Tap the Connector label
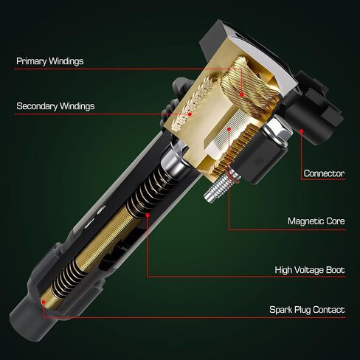pyautogui.click(x=324, y=173)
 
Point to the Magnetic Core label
pyautogui.click(x=315, y=221)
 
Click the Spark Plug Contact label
pyautogui.click(x=306, y=310)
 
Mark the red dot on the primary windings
pyautogui.click(x=241, y=94)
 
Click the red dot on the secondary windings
pyautogui.click(x=190, y=114)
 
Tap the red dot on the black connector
pyautogui.click(x=302, y=131)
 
